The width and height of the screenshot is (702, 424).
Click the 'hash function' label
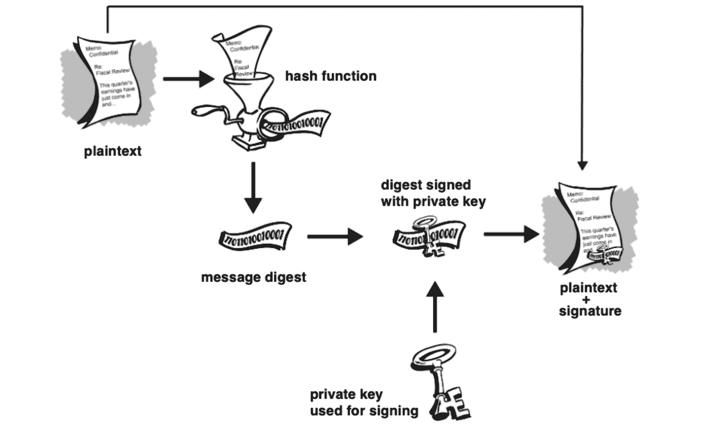(x=331, y=76)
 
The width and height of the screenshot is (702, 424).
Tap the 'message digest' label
(x=254, y=278)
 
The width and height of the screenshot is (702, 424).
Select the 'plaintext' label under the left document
(x=113, y=151)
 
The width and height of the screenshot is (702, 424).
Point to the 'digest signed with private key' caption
(x=433, y=193)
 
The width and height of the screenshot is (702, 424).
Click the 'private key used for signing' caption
(x=364, y=403)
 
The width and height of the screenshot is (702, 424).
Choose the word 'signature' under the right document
(x=590, y=311)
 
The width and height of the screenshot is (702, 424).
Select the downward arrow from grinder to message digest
(x=253, y=188)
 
